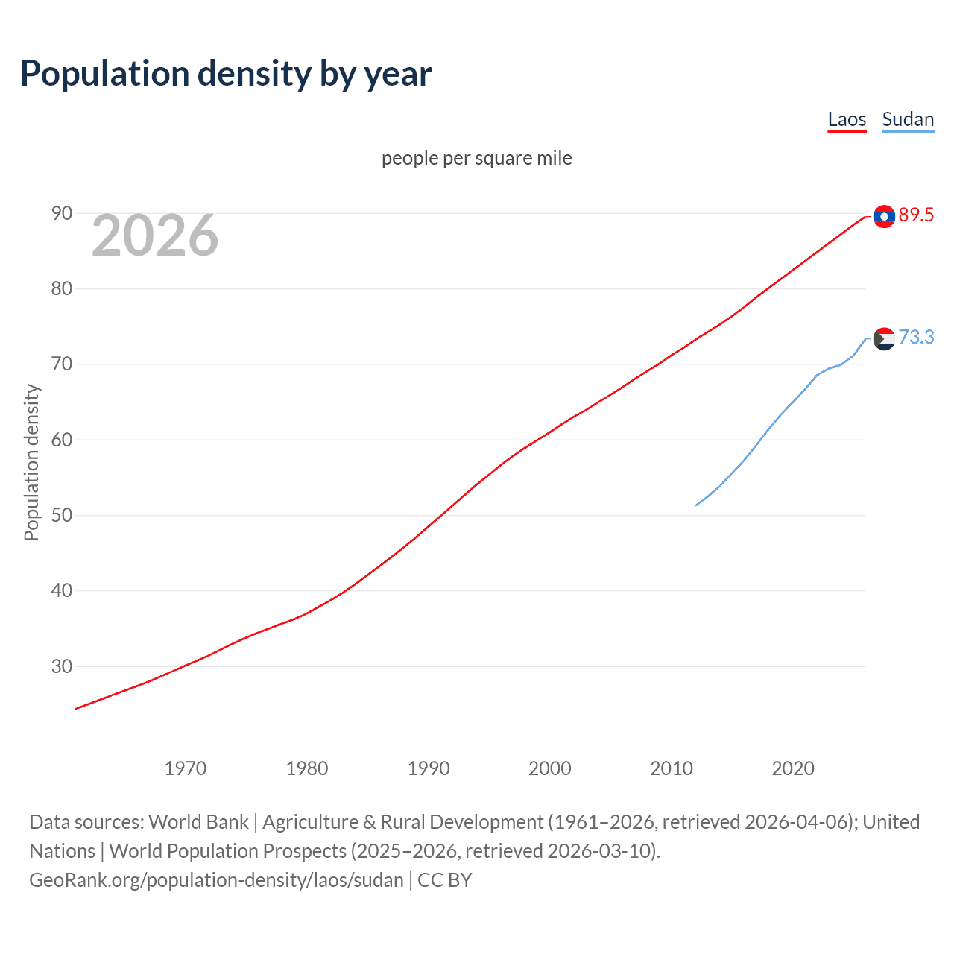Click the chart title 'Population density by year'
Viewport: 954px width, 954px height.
click(x=226, y=74)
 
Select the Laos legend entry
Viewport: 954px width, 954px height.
click(x=847, y=119)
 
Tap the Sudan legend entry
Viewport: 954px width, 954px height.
click(x=907, y=119)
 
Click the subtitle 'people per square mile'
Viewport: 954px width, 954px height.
click(x=476, y=158)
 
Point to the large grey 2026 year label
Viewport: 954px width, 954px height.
click(x=155, y=236)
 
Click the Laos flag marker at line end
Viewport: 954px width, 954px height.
click(x=884, y=216)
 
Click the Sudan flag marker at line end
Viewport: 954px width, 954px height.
click(x=884, y=338)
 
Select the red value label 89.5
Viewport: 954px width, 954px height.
click(x=916, y=215)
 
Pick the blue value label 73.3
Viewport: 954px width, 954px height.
click(x=916, y=338)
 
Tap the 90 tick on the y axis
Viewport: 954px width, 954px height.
click(x=62, y=214)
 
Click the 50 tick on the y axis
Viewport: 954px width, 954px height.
click(x=62, y=515)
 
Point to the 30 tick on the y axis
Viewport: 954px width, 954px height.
click(x=62, y=666)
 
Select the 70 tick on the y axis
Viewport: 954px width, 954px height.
click(x=62, y=364)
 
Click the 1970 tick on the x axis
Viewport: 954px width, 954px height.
click(x=186, y=768)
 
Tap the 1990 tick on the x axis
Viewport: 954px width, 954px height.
click(x=429, y=768)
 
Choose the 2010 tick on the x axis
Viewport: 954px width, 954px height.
click(x=672, y=768)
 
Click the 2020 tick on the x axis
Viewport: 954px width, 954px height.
click(x=793, y=768)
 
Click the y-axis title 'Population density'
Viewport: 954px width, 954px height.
click(x=31, y=462)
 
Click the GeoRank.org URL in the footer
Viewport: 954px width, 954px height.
click(x=216, y=880)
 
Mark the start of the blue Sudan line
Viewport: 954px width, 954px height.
click(x=696, y=505)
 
